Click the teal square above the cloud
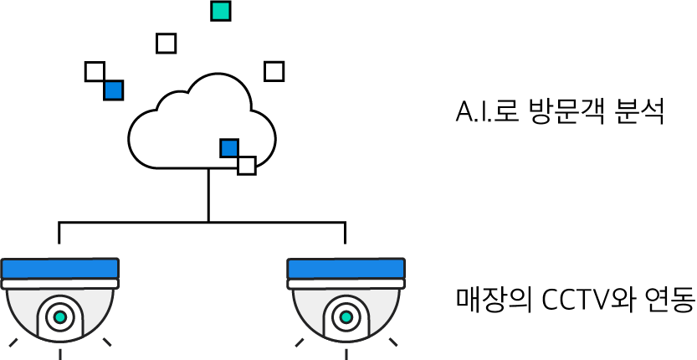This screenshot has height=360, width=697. coord(220,11)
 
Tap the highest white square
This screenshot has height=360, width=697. coord(166,44)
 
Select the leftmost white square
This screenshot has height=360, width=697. coord(95,72)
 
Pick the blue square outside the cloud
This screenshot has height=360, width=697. coord(113,90)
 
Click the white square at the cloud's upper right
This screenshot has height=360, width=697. coord(274,72)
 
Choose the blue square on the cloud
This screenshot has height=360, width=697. coord(229,148)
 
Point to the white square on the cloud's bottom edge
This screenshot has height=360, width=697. coord(247,165)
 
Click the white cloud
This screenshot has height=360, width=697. coord(184,134)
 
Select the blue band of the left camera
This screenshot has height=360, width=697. coord(59,269)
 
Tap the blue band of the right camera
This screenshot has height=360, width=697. coord(346,269)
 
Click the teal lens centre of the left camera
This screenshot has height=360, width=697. coord(60,317)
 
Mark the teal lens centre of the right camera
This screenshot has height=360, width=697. coord(346,317)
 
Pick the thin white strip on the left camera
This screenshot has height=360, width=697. coord(59,284)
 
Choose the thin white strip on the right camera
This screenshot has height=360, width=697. coord(346,284)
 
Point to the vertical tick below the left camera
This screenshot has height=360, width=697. coord(60,353)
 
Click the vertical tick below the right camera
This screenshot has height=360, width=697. coord(346,353)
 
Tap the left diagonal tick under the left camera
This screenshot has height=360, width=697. coord(13,342)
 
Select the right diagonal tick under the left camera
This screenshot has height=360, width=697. coord(107,342)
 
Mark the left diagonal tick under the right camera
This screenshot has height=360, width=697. coord(300,342)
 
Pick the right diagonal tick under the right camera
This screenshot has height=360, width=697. coord(393,342)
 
